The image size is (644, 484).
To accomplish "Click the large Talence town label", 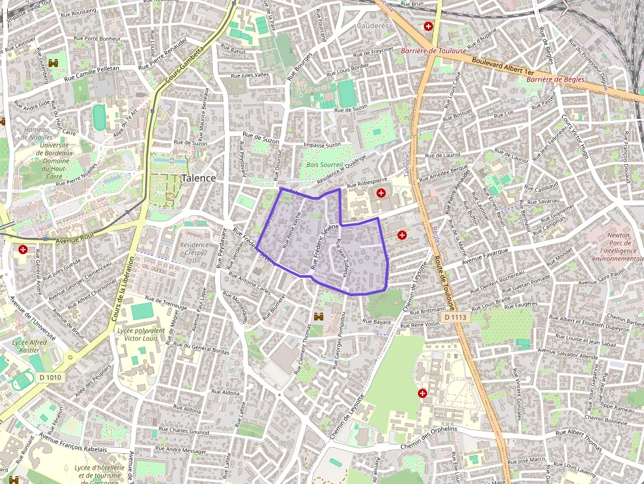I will click(198, 178).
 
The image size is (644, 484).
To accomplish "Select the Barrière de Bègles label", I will click(555, 79).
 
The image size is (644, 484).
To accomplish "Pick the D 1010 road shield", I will click(49, 377).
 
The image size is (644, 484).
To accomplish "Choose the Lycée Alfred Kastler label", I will click(30, 347).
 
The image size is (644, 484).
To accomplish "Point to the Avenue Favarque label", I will click(486, 255).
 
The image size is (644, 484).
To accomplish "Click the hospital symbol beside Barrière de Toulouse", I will click(428, 26).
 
